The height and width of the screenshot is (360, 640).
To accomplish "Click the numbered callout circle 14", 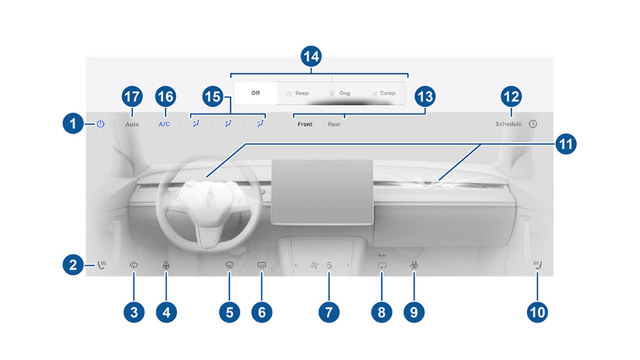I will pos(311,58).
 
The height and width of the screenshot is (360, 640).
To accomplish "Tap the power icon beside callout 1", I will pos(100,123).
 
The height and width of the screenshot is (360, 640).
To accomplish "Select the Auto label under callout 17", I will pos(132,124).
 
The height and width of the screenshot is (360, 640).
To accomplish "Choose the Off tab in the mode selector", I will pos(255,92).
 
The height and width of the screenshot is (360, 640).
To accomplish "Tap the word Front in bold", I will pos(305,124).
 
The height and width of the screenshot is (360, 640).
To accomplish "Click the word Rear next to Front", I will pos(334,124).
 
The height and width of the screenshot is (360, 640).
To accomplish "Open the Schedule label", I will pos(508,124).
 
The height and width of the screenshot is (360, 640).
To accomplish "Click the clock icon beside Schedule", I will pos(533,123).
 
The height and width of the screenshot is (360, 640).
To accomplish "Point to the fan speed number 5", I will pos(329,265).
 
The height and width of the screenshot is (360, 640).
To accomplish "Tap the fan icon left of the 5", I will pos(310,265).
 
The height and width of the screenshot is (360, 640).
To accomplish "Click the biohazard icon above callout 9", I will pos(413,265).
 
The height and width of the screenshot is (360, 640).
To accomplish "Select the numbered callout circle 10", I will pos(538,311).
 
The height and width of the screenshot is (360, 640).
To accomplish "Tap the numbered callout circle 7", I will pos(329,311).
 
